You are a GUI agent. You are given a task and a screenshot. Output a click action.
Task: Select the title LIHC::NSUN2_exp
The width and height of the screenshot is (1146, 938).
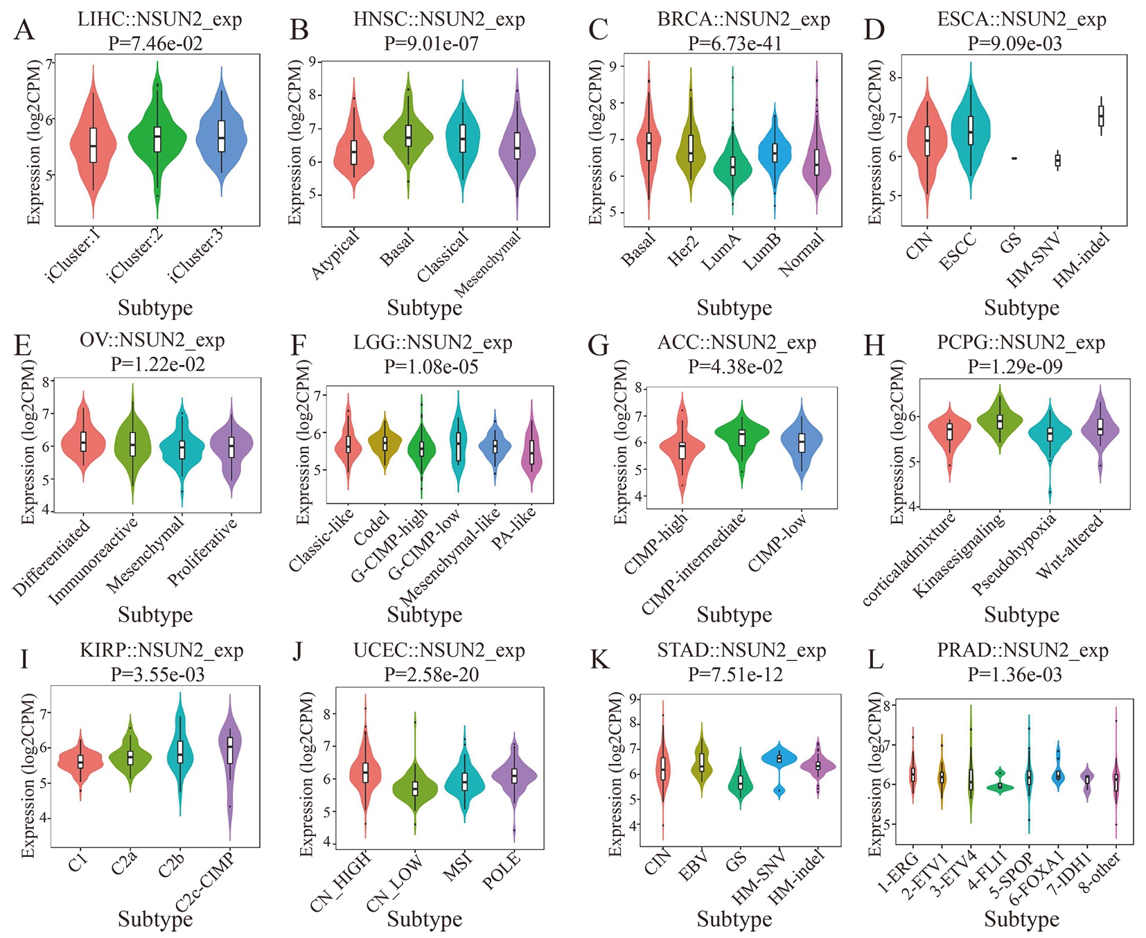coord(159,19)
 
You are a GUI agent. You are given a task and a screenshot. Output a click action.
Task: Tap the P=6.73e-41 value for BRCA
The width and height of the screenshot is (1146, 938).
coord(734,44)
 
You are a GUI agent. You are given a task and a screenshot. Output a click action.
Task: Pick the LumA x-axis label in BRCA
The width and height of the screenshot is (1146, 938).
coord(722,251)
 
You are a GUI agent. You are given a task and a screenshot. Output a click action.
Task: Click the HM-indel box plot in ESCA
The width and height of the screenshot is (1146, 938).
coord(1100,116)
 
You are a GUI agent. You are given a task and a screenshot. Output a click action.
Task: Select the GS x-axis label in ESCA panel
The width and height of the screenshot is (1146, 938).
coord(1011,244)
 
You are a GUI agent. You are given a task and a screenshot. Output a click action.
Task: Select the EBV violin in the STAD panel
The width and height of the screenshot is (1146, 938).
coord(702,763)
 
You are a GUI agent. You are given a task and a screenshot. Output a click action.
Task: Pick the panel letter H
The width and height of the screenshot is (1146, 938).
coord(875,344)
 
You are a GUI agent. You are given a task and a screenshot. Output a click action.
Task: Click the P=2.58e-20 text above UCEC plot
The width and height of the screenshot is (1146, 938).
coord(431,674)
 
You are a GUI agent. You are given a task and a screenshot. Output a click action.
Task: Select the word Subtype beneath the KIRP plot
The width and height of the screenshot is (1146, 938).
coord(155,919)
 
